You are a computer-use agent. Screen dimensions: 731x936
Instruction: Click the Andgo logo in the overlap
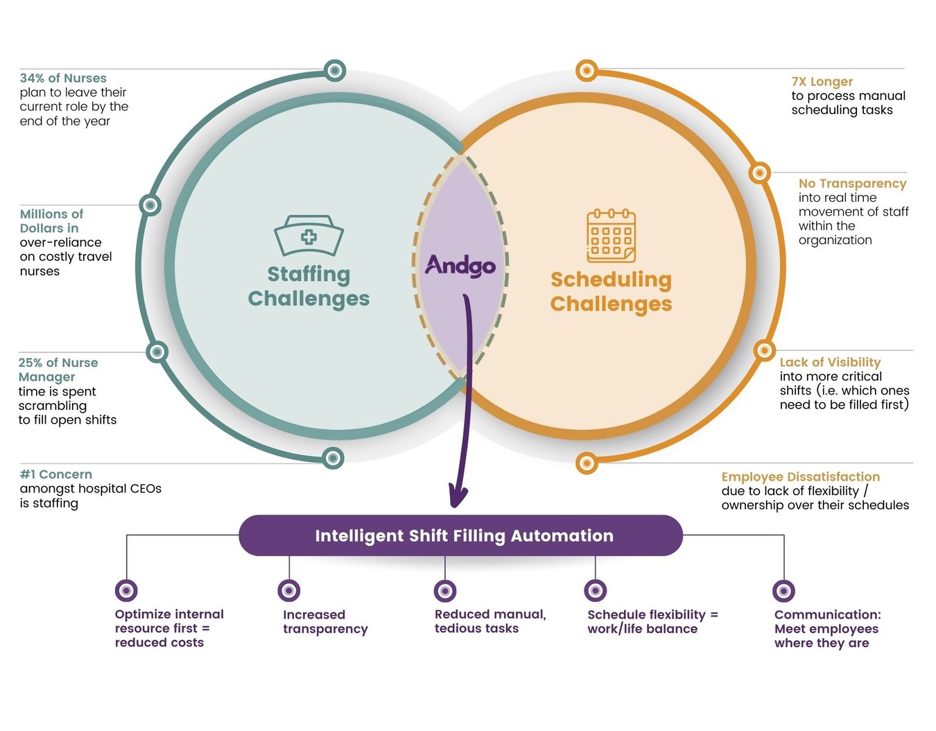(460, 266)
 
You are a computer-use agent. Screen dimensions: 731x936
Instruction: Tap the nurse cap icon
(309, 236)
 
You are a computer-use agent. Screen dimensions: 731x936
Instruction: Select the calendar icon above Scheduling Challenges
(611, 236)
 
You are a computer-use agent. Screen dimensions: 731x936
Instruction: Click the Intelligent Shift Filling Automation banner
(461, 535)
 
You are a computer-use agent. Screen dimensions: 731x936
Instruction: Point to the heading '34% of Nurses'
(63, 78)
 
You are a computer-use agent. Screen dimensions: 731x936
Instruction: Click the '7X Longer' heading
(822, 82)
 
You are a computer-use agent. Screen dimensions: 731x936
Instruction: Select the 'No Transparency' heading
(852, 183)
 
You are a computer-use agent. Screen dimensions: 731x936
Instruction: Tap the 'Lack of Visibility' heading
(830, 362)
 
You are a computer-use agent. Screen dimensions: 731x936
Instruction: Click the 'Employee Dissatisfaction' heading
(800, 476)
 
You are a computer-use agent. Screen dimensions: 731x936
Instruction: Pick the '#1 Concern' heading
(56, 474)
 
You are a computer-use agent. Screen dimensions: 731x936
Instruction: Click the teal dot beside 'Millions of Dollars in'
(150, 205)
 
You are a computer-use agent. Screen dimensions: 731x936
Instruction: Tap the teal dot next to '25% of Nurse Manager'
(157, 352)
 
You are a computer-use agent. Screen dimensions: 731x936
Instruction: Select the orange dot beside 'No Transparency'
(760, 173)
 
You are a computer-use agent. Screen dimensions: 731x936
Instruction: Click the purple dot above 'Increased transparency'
(289, 591)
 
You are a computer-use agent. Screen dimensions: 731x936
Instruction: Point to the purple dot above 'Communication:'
(783, 591)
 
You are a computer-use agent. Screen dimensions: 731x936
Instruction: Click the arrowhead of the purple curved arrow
(458, 497)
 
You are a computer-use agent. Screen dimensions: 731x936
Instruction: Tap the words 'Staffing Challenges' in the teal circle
(309, 286)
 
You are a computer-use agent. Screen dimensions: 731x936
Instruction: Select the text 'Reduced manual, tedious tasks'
(489, 621)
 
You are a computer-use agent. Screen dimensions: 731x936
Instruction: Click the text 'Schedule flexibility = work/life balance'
(652, 621)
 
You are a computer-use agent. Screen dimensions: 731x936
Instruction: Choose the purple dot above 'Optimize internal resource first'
(126, 591)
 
